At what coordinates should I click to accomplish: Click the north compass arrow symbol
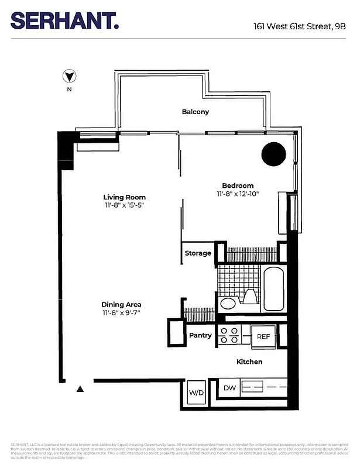coord(70,76)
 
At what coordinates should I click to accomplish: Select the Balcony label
coord(195,112)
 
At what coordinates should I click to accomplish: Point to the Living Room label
coord(124,197)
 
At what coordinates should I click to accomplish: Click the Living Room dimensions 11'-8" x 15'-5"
coord(124,206)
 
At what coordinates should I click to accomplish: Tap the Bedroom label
coord(238,185)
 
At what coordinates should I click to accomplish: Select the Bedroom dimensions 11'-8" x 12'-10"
coord(238,194)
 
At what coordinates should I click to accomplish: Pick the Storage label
coord(198,253)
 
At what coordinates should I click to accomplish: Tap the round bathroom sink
coord(227,304)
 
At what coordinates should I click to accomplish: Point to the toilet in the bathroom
coord(249,297)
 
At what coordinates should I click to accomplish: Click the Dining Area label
coord(121,304)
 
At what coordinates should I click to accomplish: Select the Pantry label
coord(200,336)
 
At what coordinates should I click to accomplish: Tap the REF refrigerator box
coord(263,336)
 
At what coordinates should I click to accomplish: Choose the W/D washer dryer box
coord(196,392)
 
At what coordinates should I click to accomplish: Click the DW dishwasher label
coord(229,387)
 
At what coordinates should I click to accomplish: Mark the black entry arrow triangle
coord(81,388)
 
